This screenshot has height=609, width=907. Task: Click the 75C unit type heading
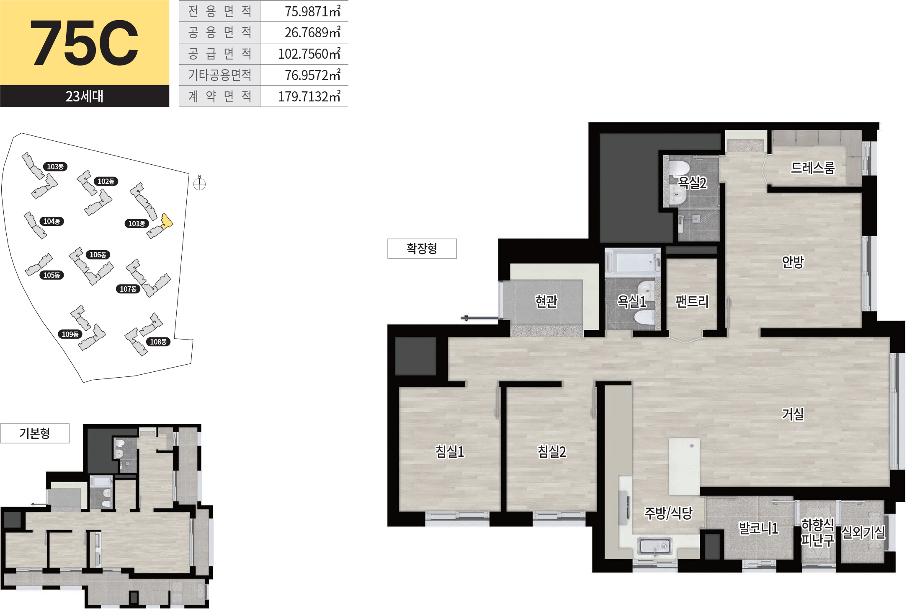(84, 43)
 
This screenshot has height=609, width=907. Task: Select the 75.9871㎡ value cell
(312, 11)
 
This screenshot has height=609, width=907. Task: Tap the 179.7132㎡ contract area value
(309, 96)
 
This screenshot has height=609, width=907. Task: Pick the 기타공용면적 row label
(220, 75)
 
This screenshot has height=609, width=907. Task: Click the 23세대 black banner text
(84, 96)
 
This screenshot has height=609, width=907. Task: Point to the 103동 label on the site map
(55, 167)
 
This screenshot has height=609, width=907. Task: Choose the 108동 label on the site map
(158, 342)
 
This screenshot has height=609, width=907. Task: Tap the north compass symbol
(200, 183)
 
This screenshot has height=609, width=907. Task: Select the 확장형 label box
(422, 249)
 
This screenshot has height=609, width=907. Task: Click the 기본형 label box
(35, 433)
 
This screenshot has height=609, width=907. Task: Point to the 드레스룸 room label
(813, 168)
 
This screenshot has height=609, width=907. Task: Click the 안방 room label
(793, 262)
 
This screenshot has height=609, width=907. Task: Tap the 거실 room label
(793, 414)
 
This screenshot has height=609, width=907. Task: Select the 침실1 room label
(450, 451)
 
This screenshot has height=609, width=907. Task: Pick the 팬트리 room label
(692, 301)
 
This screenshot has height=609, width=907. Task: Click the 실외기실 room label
(863, 532)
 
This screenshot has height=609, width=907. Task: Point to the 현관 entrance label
(546, 301)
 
